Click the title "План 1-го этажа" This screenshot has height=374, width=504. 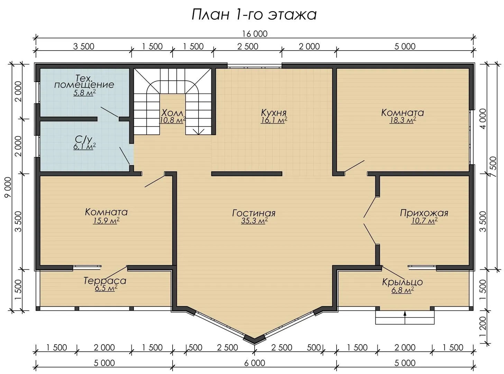(x=254, y=15)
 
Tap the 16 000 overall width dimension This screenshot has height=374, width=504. (x=255, y=34)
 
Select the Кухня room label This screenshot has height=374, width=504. (x=274, y=113)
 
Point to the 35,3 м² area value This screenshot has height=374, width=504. (x=254, y=221)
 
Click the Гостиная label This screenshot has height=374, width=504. (x=254, y=213)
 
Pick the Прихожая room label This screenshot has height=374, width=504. (x=424, y=213)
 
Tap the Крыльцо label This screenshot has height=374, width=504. (x=402, y=282)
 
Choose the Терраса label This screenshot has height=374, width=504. (x=105, y=281)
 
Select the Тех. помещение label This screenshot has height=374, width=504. (x=84, y=82)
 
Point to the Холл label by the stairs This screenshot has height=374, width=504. (x=172, y=113)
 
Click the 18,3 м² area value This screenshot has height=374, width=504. (x=403, y=120)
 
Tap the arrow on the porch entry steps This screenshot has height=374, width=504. (x=405, y=317)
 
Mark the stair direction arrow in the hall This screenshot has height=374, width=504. (x=198, y=132)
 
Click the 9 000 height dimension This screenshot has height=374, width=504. (x=8, y=187)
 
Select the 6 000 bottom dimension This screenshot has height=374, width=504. (x=255, y=363)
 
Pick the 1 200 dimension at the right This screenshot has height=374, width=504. (x=484, y=330)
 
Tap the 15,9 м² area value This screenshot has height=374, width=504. (x=106, y=221)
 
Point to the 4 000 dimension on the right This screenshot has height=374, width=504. (x=484, y=118)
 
